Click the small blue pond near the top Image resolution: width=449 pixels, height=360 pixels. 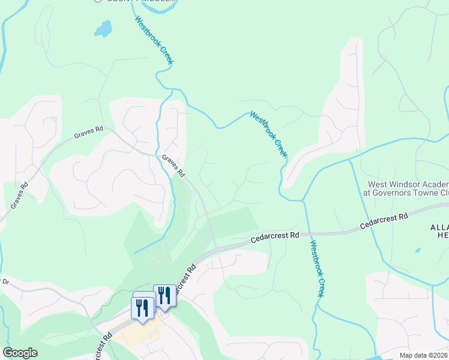click(x=103, y=28)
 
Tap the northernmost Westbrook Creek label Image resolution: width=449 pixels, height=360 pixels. click(x=154, y=40)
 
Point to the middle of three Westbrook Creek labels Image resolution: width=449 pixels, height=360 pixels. click(x=268, y=134)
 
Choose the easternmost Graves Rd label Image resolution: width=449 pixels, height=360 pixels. click(x=173, y=166)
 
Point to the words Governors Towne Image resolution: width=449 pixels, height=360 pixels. click(x=408, y=193)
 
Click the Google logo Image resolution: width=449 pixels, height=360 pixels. click(x=20, y=353)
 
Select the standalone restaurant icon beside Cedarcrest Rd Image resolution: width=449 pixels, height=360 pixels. click(x=164, y=296)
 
